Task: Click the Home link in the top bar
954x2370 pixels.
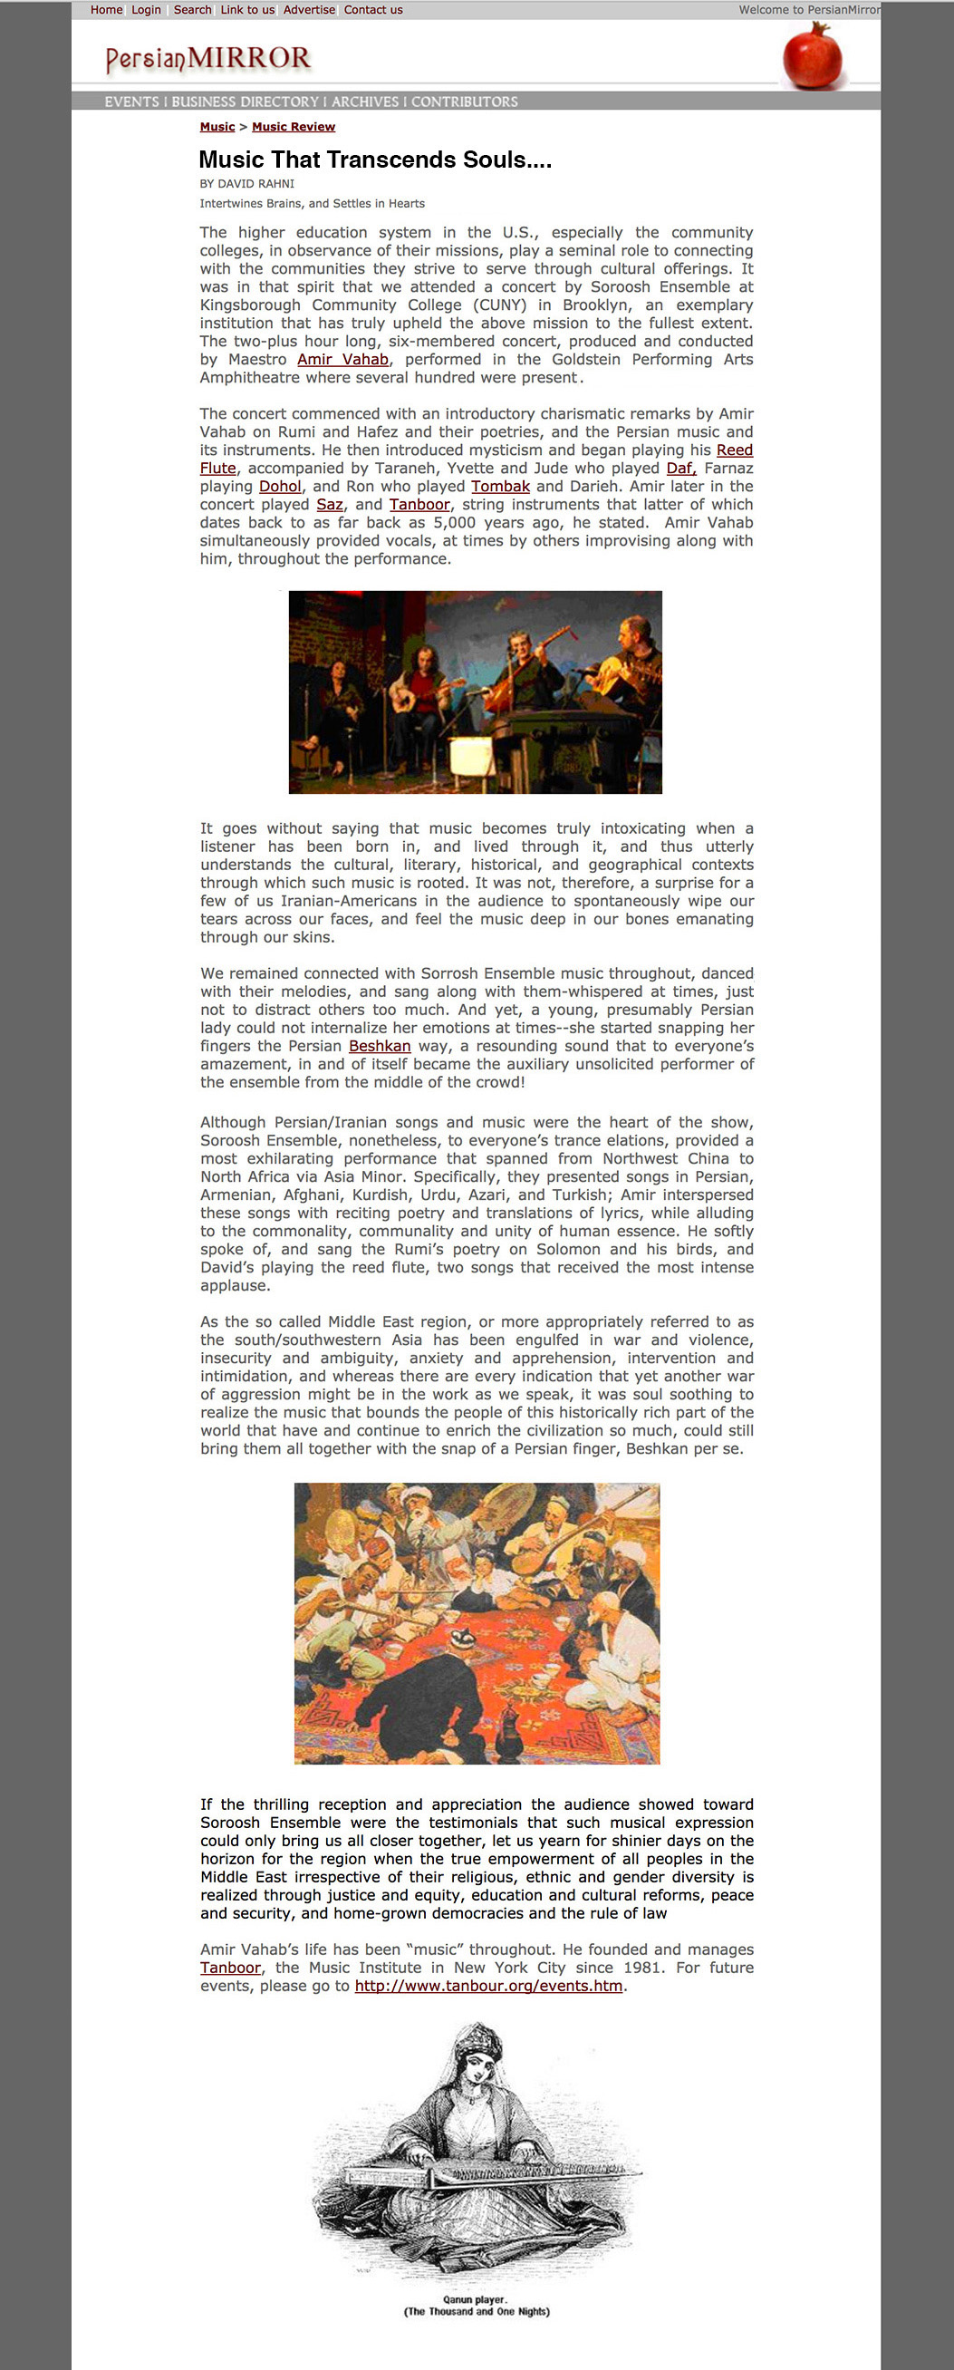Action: (106, 10)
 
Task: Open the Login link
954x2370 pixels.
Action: (145, 10)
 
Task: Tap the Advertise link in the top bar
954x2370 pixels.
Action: (309, 10)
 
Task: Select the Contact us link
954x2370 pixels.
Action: (373, 10)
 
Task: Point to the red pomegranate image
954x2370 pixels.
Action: (812, 57)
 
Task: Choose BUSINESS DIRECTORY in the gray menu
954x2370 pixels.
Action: (245, 102)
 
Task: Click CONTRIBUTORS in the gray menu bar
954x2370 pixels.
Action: (464, 102)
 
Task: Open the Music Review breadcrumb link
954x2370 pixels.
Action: (294, 127)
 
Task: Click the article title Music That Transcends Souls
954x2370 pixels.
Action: (375, 160)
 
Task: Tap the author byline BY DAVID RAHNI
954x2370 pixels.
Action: (246, 184)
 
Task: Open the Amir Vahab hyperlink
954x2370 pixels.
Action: (342, 360)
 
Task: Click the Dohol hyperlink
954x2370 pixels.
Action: (280, 487)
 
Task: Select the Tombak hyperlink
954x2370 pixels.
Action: (500, 487)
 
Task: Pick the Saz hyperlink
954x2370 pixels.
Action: (330, 505)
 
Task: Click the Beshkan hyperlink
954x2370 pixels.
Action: (379, 1047)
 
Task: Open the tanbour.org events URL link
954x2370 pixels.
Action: (488, 1987)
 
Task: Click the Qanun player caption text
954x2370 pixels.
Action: (477, 2306)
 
